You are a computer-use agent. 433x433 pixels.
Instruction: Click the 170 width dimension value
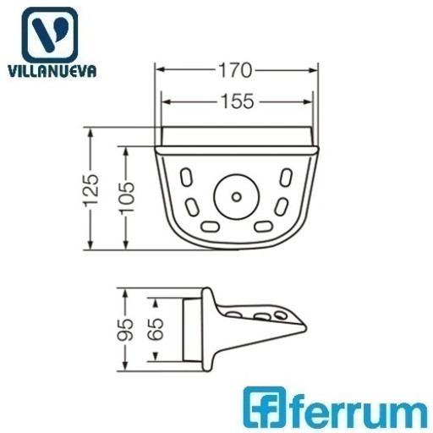235,70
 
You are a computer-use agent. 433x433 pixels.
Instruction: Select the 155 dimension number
237,101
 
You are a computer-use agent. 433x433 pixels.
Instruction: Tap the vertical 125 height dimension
92,189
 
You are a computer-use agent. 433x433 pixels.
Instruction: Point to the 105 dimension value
128,197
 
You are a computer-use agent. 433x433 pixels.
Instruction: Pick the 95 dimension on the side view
126,330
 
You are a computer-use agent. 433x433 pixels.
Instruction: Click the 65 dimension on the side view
156,329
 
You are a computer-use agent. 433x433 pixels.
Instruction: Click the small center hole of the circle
237,197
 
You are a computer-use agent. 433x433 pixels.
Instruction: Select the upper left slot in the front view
185,177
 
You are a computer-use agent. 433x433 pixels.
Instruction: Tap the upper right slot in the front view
286,178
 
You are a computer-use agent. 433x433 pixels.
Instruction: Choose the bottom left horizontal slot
210,227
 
